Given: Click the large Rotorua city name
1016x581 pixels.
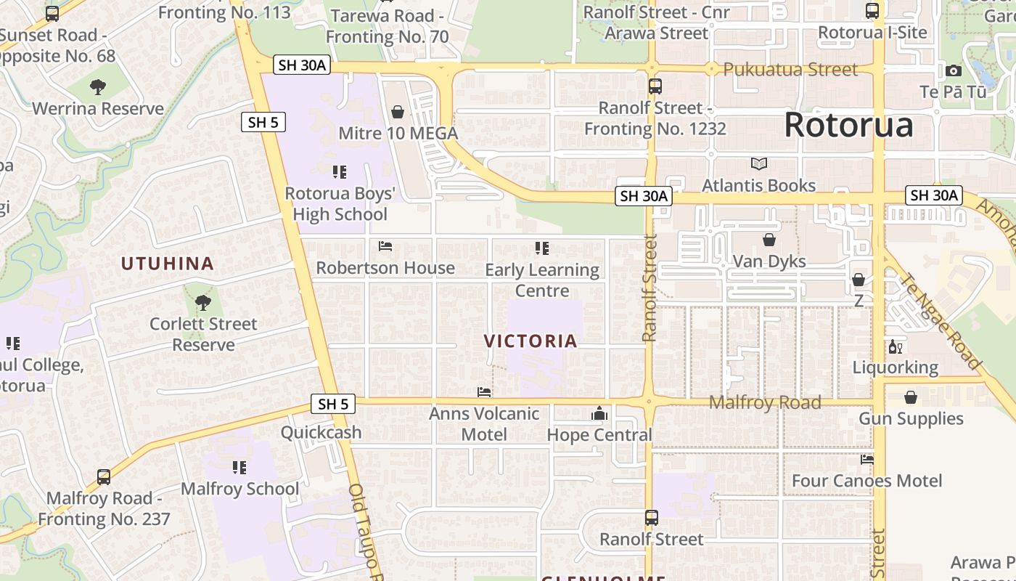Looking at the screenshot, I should [x=848, y=125].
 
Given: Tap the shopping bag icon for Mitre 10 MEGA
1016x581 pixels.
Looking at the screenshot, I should [x=398, y=112].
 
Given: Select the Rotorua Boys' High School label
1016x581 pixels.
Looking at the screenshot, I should [x=340, y=204].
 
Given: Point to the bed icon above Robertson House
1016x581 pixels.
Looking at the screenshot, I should [x=385, y=246].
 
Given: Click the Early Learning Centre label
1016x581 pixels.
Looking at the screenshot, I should [x=542, y=280].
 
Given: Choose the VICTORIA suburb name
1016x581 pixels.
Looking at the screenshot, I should [x=530, y=341].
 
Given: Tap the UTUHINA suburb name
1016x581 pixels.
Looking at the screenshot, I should [x=167, y=264].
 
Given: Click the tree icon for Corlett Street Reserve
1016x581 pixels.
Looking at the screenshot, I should [x=203, y=302].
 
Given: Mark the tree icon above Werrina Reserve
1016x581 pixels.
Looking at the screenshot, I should [x=98, y=87].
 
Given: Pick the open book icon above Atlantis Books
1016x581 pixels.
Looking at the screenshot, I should [x=759, y=164].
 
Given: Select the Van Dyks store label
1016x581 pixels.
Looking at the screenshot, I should [x=769, y=261].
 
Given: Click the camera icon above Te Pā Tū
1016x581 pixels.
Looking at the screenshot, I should [x=954, y=70].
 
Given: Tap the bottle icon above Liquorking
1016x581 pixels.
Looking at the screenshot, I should [x=895, y=346].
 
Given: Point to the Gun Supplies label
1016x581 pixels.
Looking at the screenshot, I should [x=911, y=418].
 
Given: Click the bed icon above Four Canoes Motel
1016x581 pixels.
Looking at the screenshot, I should [x=867, y=459].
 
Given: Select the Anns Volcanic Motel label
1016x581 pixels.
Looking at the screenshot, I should [x=484, y=424].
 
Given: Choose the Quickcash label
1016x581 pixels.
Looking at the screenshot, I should [x=321, y=432].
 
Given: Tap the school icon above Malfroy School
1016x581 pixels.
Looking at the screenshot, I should [x=239, y=467].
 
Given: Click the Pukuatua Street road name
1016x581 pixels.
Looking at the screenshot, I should [x=790, y=70].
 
